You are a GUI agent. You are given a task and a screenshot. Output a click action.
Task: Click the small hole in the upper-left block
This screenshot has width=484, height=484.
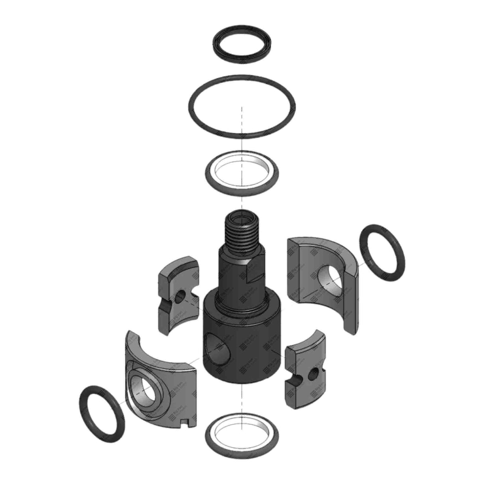pos(180,295)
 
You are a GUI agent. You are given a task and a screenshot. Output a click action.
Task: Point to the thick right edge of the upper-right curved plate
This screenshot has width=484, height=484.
pos(351,299)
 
